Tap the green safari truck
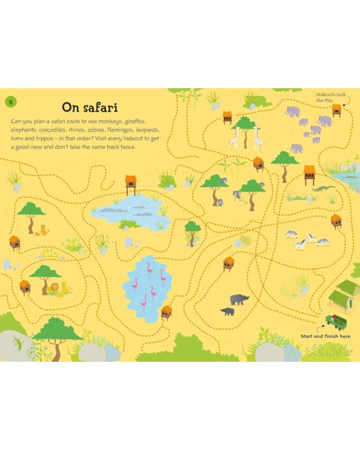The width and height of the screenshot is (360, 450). pos(335,322)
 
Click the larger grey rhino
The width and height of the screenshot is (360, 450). pos(239,299)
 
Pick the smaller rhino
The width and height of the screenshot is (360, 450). pos(227,311)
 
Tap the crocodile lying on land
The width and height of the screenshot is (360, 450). pos(323,188)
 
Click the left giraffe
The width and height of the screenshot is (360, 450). pos(234,138)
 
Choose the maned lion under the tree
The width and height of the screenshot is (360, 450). pos(55,289)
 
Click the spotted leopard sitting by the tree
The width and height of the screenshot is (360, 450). pos(42,230)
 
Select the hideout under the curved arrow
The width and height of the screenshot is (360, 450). pos(337,110)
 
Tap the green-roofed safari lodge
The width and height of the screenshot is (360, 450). pos(344,294)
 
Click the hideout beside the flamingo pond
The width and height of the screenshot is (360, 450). pos(166,311)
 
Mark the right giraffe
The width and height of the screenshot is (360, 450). pos(259,139)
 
